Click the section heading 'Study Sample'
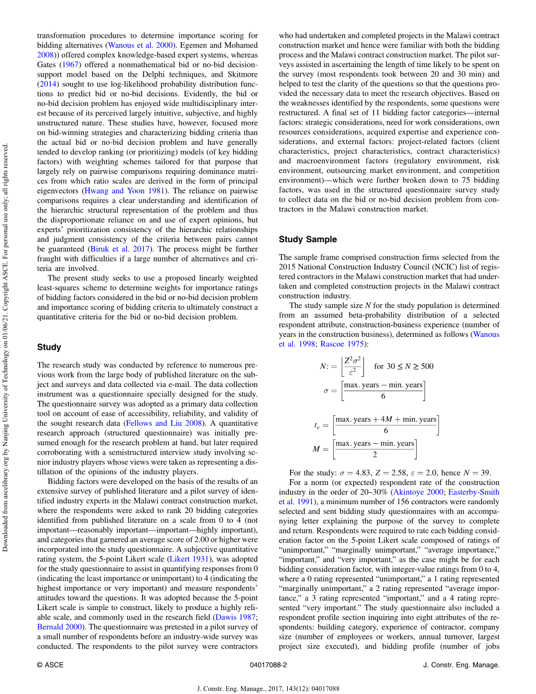click(308, 239)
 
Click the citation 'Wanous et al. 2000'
click(139, 45)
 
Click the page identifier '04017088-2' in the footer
click(268, 665)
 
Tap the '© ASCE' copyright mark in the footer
click(50, 665)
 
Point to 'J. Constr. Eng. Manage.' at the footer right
click(461, 665)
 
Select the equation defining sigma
click(374, 390)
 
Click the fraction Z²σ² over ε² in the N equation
click(353, 366)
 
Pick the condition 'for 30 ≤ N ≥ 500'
click(404, 366)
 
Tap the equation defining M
click(365, 449)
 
